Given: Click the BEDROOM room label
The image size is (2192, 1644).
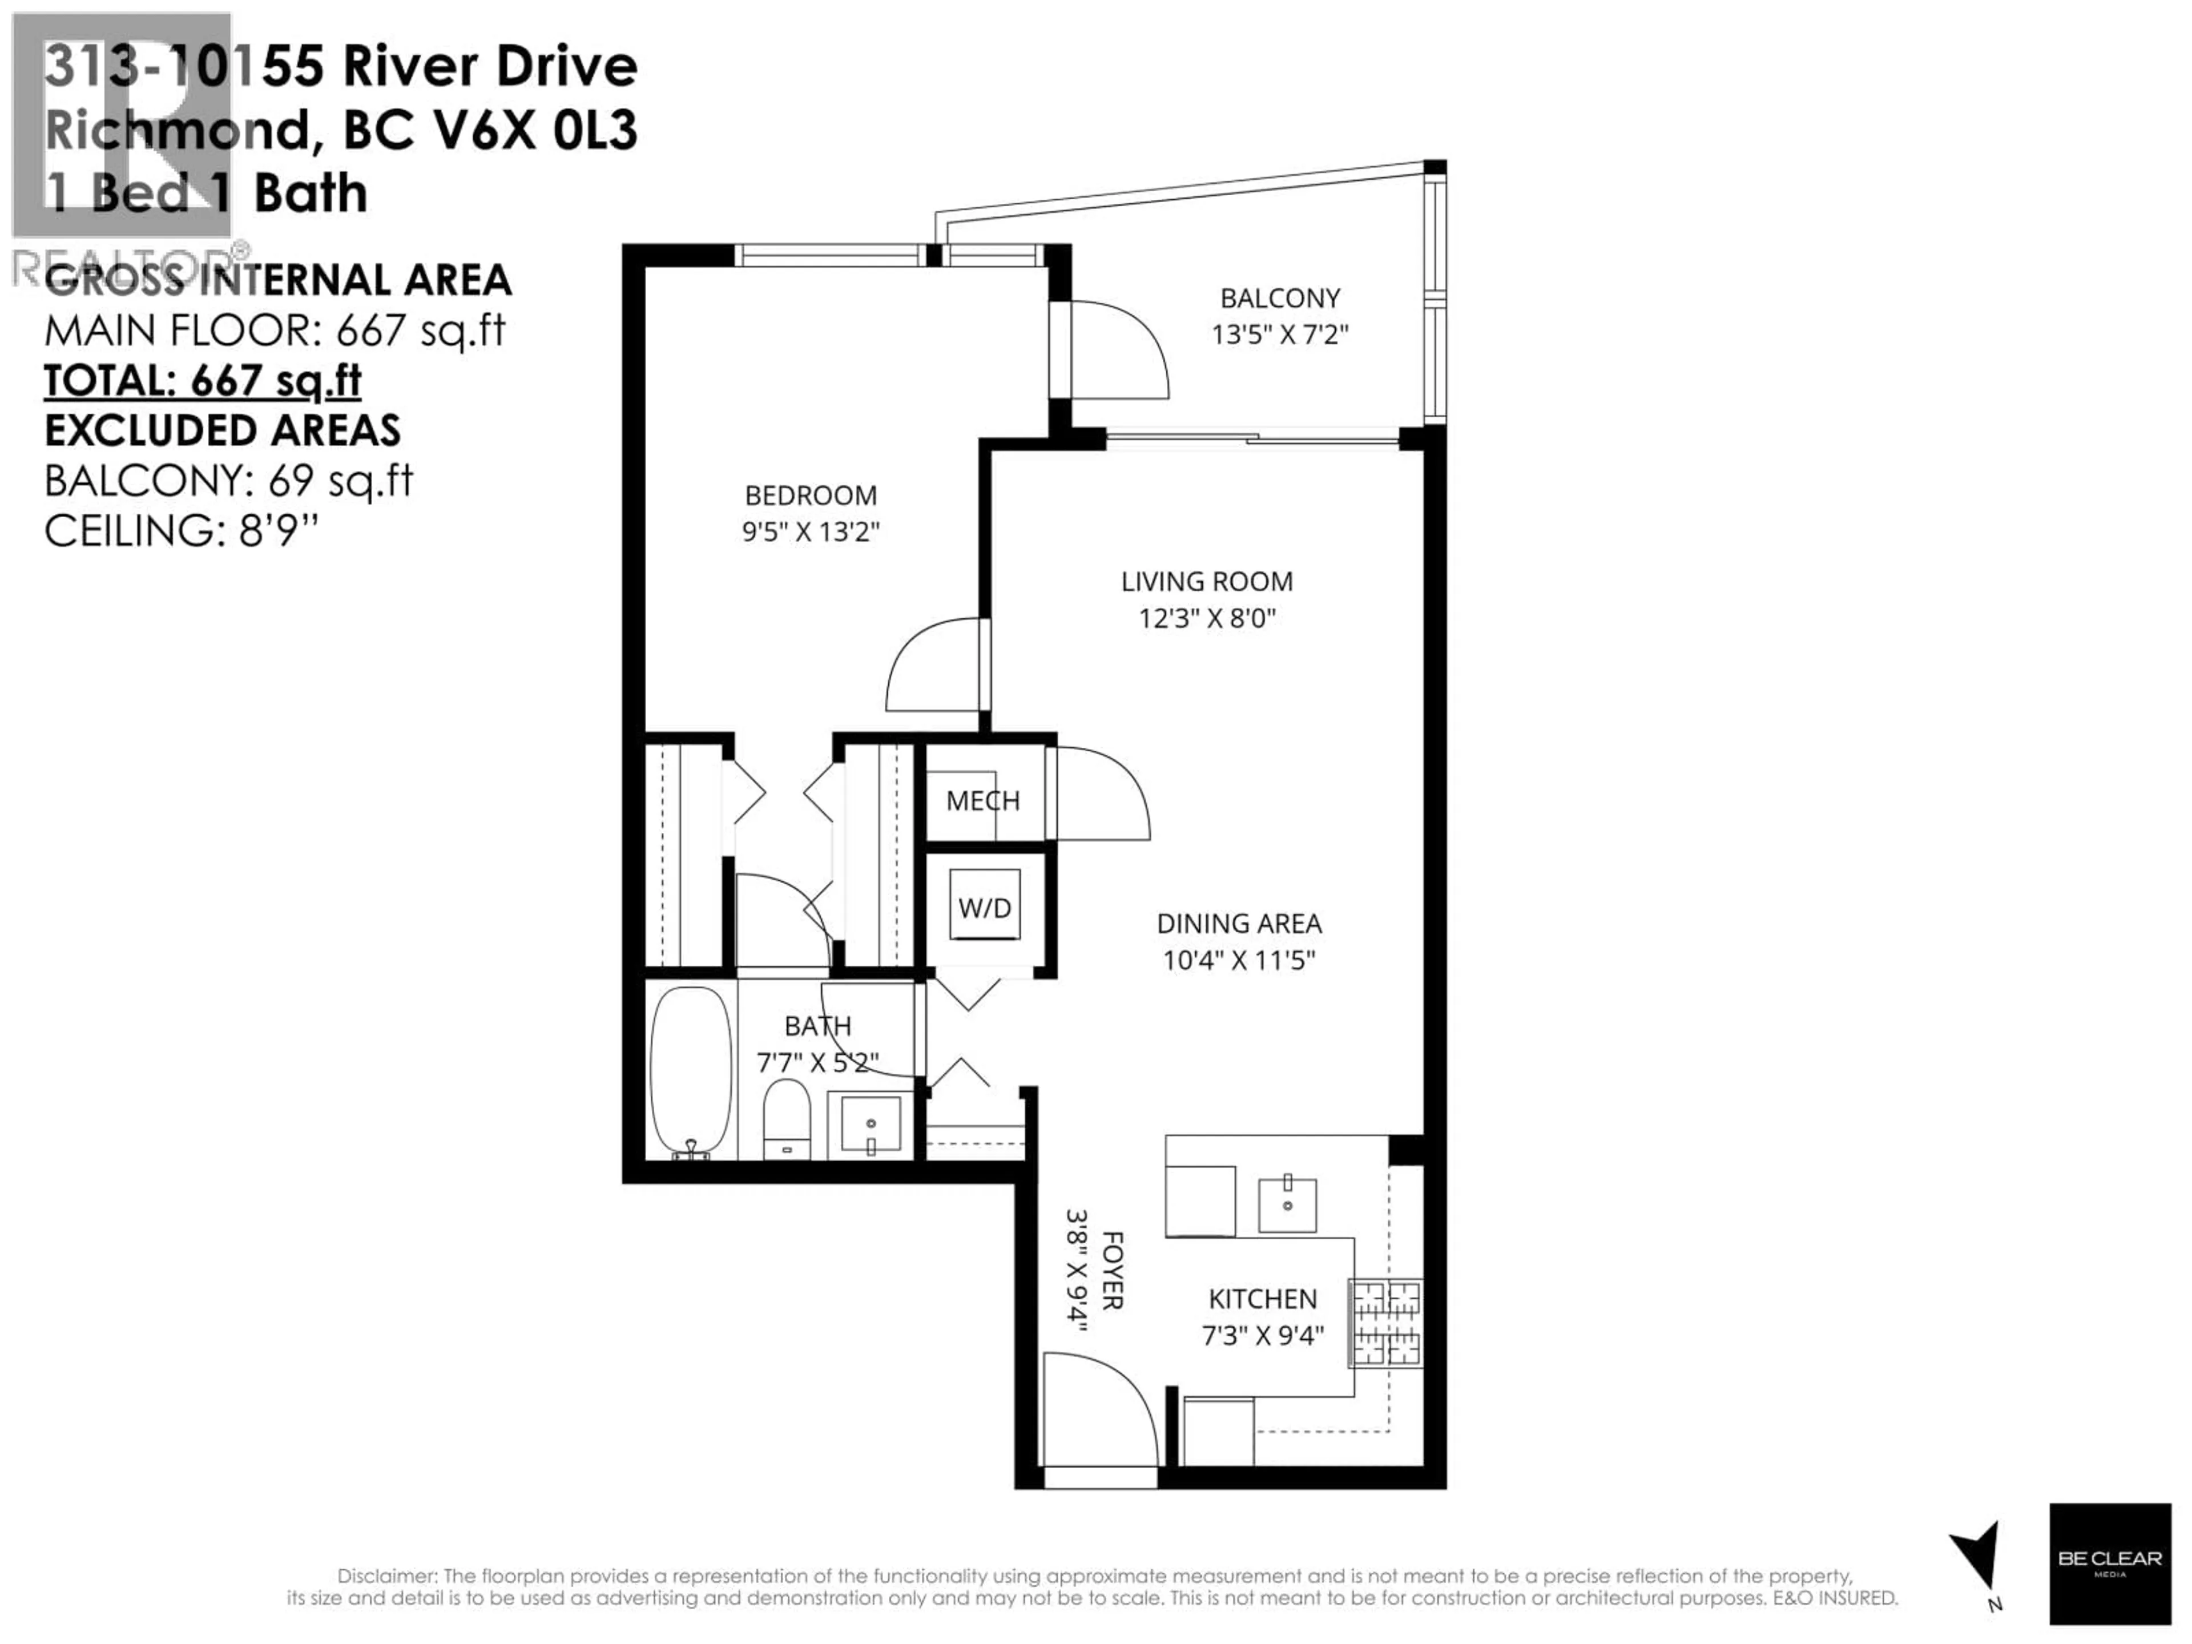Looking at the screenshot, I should click(811, 495).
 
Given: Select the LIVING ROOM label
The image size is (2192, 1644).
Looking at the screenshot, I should click(1206, 582).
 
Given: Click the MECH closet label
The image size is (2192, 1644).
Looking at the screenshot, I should click(982, 801).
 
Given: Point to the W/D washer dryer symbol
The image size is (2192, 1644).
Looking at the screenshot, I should click(984, 906).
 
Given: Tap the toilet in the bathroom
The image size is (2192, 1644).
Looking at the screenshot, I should click(787, 1120).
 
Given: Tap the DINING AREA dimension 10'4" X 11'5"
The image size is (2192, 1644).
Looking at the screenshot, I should click(1239, 960).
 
